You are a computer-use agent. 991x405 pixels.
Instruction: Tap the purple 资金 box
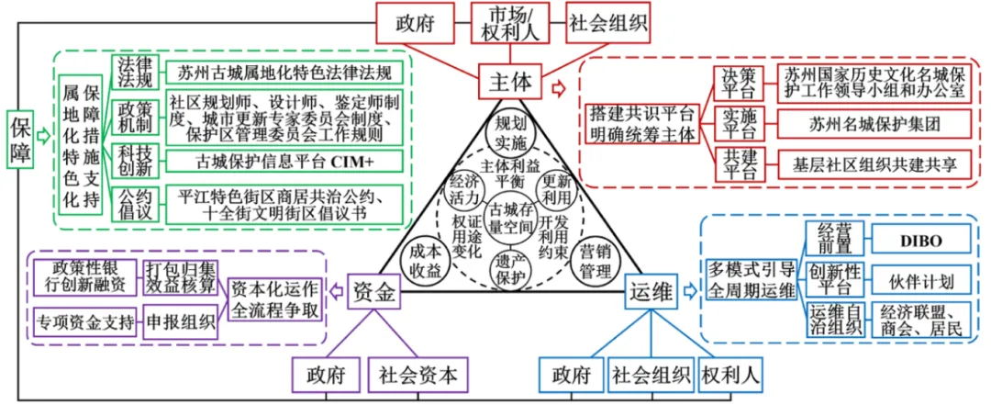pos(375,294)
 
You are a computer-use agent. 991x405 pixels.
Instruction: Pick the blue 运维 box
pos(650,294)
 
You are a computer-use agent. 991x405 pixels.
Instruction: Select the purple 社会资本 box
pos(418,375)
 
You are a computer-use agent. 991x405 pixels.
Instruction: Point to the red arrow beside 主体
pos(557,86)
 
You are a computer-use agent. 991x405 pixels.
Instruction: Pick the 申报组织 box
pos(179,322)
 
